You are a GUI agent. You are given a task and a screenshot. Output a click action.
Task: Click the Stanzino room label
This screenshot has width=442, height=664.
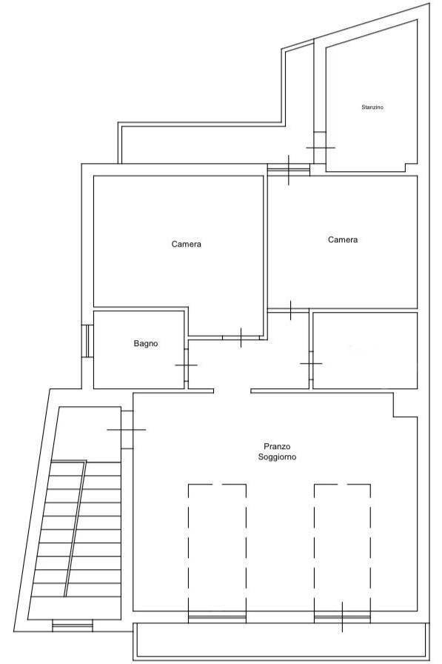[372, 107]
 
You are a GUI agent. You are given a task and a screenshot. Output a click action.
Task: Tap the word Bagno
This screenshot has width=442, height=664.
[146, 343]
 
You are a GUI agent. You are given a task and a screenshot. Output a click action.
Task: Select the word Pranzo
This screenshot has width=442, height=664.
[277, 446]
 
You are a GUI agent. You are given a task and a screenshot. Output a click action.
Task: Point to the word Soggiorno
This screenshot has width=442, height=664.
[277, 457]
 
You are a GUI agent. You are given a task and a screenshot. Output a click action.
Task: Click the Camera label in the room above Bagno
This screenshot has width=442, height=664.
[186, 244]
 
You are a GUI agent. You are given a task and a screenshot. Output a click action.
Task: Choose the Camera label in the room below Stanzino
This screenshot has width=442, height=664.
[343, 239]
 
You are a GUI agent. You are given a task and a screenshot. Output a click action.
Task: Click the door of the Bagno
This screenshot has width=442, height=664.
[186, 365]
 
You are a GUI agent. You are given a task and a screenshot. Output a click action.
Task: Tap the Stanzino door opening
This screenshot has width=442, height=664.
[320, 147]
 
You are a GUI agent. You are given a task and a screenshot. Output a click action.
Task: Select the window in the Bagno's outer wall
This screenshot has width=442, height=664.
[87, 341]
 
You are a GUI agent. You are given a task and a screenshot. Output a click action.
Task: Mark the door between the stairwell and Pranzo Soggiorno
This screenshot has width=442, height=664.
[127, 429]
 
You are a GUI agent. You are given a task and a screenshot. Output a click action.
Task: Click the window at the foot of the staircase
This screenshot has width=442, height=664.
[73, 625]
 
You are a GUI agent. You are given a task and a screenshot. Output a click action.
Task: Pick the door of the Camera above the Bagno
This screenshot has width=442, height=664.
[241, 337]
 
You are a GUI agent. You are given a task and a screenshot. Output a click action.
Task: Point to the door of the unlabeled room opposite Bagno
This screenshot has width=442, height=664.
[311, 364]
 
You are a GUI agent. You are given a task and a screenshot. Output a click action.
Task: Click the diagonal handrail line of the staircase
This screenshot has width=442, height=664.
[76, 529]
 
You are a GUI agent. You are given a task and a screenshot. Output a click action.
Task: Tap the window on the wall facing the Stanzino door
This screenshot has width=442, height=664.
[289, 170]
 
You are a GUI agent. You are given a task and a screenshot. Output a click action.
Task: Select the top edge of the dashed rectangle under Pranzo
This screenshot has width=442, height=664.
[218, 485]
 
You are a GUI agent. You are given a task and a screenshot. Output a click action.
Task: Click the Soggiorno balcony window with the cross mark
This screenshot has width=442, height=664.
[342, 618]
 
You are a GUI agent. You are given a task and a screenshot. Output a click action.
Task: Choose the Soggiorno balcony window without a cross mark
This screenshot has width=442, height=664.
[218, 618]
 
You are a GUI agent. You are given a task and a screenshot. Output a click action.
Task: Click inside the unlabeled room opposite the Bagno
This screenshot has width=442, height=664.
[365, 351]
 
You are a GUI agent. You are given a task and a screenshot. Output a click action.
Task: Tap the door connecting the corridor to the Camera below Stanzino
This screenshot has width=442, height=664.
[290, 311]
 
